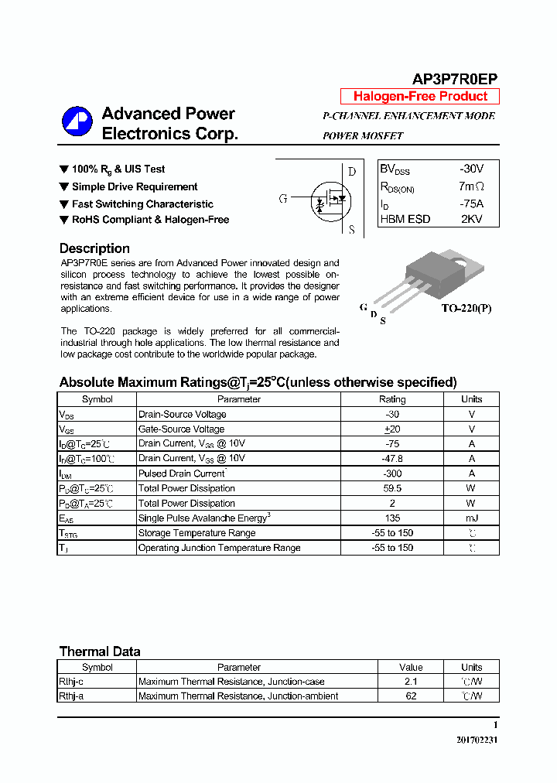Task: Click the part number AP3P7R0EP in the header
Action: [454, 79]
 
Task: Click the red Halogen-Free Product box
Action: [420, 97]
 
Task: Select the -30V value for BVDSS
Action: [470, 169]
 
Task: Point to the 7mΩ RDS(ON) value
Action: [470, 186]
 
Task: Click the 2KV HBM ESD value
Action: [471, 219]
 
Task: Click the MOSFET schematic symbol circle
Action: [330, 199]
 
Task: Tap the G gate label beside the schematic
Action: [283, 199]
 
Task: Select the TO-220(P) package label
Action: [466, 308]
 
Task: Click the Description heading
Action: [94, 248]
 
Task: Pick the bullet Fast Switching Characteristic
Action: [142, 204]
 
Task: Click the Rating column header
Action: [391, 399]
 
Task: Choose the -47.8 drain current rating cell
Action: [391, 458]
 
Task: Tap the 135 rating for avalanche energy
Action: [391, 518]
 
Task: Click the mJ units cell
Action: [471, 518]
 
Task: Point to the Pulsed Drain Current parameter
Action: [182, 474]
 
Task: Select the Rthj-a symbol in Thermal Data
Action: [74, 696]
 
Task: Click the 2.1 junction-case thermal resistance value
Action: [411, 682]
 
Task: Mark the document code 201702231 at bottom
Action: [477, 740]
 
